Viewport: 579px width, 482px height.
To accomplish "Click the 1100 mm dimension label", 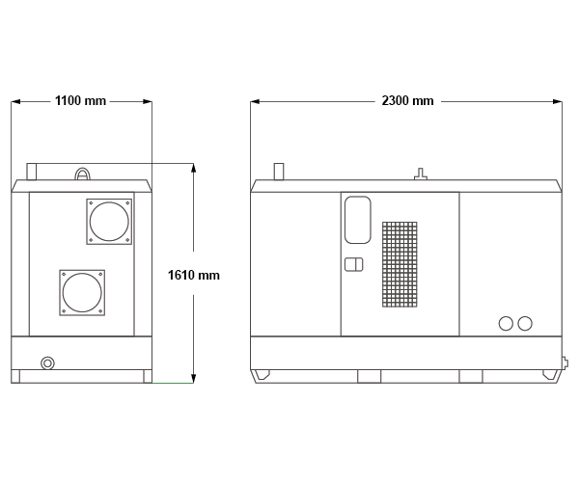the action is (80, 100).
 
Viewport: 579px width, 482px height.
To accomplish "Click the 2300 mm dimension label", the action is (407, 100).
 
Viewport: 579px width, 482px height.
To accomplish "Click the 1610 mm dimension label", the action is (194, 275).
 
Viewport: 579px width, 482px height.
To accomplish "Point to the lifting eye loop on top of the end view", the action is (82, 170).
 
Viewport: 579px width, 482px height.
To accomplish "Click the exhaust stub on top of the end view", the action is (32, 172).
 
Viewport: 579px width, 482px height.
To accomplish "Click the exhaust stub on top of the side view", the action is (279, 172).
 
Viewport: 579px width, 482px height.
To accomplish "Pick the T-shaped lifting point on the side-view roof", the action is (420, 174).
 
